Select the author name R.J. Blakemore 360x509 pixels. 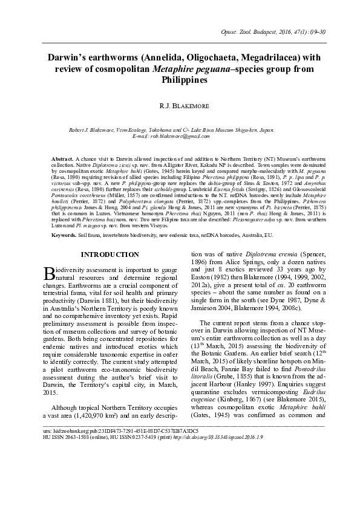click(x=180, y=106)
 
